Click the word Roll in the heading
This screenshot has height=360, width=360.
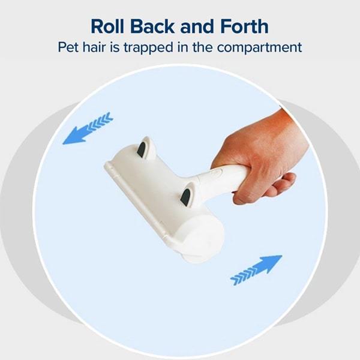107,26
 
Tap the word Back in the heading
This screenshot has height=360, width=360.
152,26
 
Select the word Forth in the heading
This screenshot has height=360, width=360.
245,26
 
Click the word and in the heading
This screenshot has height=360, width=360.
197,26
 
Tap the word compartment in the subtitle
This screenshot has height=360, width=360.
259,48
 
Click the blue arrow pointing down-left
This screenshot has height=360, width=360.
88,128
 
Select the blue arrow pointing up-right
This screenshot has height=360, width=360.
256,270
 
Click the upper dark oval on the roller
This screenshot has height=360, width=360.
141,149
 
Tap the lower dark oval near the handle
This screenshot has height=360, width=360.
185,197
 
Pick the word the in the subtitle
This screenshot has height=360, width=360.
203,47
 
